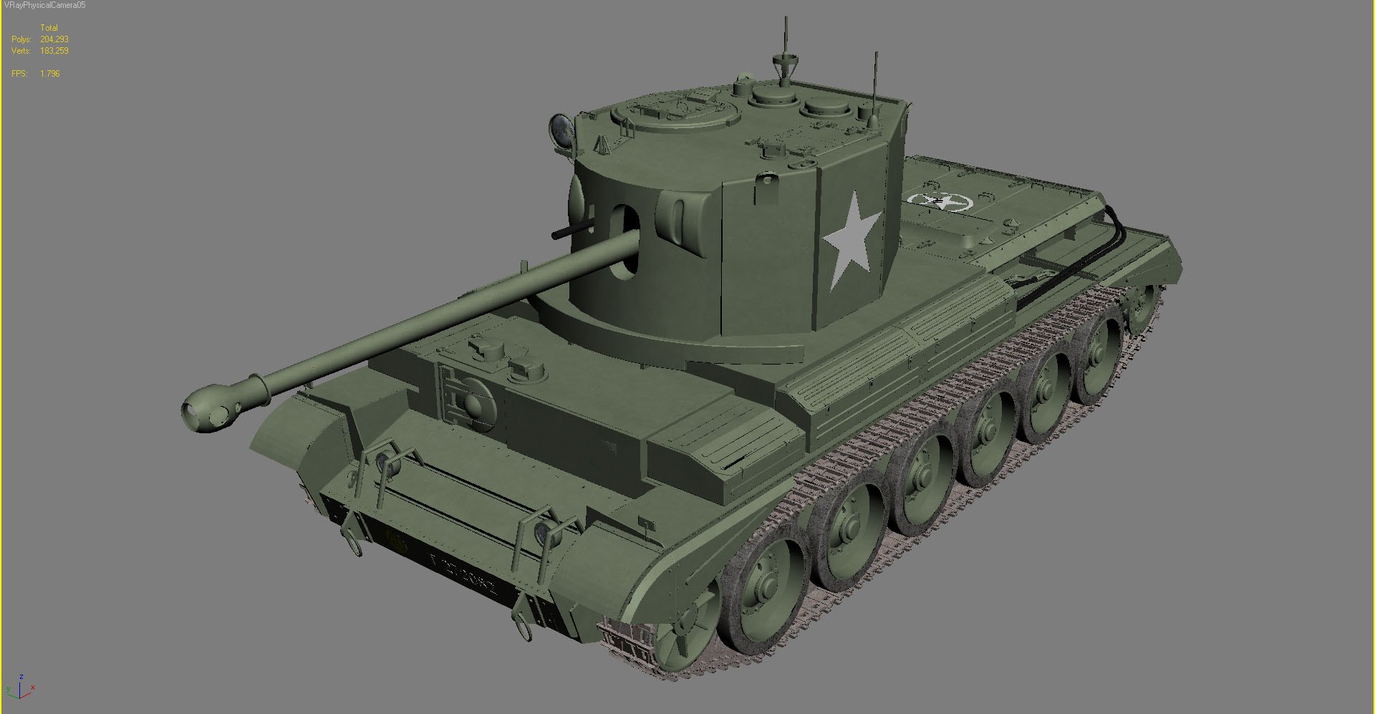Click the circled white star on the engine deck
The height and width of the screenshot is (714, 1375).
[939, 201]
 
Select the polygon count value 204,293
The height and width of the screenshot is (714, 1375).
[54, 39]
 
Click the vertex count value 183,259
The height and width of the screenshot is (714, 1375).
[54, 51]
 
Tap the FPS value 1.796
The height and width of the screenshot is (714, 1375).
[50, 74]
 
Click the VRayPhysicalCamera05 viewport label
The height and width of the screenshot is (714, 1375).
[44, 5]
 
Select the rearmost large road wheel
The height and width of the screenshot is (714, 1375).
[1096, 358]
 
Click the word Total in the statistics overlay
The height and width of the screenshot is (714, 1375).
[49, 28]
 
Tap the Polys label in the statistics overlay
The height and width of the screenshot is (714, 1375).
[21, 39]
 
